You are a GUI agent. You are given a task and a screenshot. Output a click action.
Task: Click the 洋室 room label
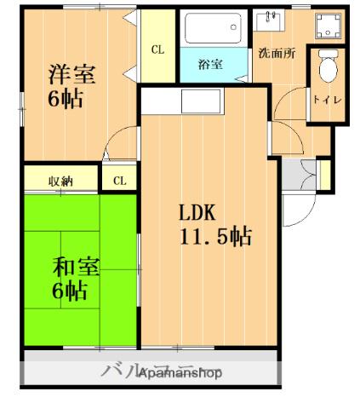click(x=72, y=73)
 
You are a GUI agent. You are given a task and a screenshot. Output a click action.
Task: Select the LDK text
click(x=197, y=212)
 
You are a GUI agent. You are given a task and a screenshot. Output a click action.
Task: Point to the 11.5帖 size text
click(x=214, y=236)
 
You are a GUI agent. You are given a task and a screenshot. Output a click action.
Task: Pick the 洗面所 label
click(x=277, y=53)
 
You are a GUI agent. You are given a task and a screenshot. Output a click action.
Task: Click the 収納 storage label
click(x=60, y=180)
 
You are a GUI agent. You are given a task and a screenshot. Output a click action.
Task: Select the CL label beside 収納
click(x=119, y=180)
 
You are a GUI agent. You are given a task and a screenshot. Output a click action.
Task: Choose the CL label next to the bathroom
click(x=158, y=50)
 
